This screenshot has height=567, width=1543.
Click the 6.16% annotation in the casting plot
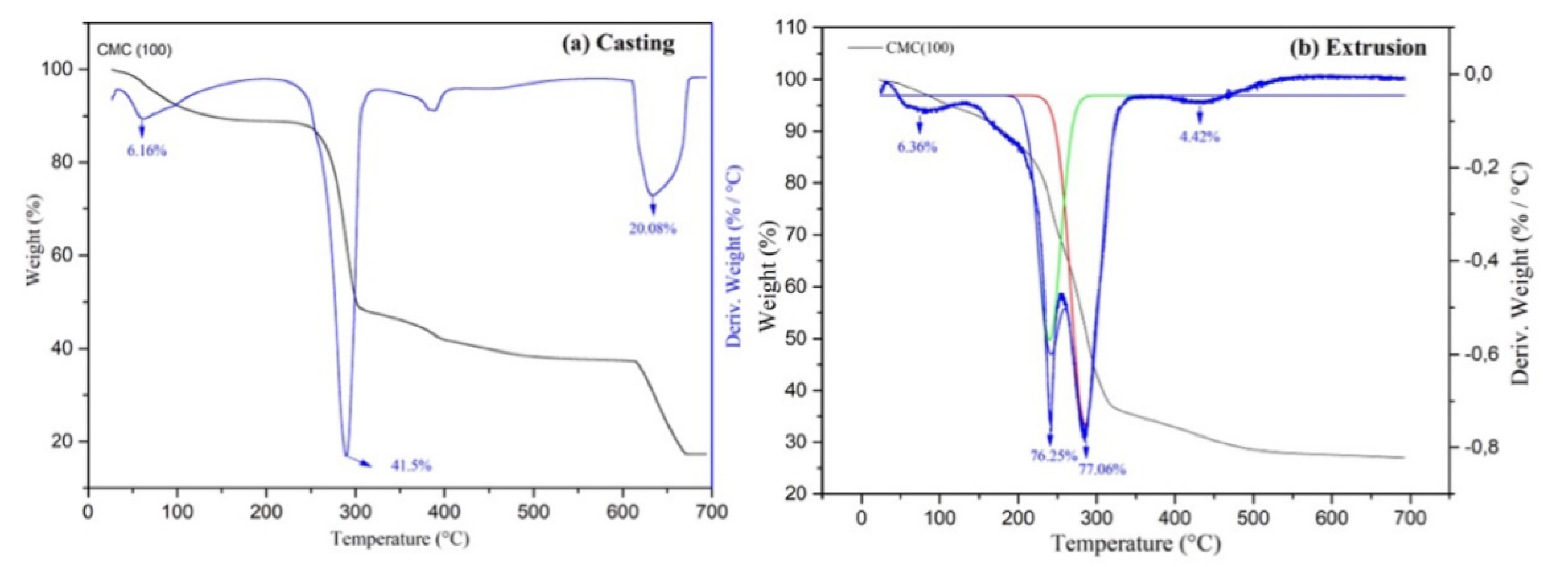coord(146,151)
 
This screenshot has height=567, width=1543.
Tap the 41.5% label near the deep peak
coord(411,465)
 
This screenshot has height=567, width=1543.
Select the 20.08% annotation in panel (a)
coord(653,228)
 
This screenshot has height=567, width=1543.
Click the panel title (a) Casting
coord(618,43)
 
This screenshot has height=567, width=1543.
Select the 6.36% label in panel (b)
coord(916,147)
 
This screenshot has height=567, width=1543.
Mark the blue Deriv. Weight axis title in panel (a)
coord(734,256)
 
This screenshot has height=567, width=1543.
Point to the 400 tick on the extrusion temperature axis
coord(1175,519)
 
